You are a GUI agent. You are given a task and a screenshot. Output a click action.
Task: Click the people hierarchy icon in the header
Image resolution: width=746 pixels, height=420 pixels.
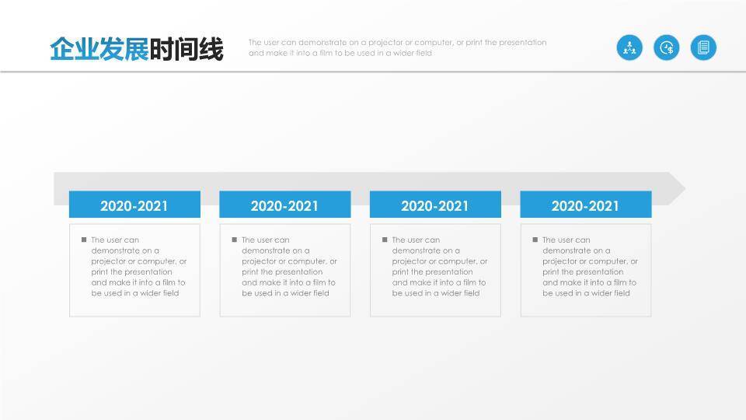[x=629, y=47]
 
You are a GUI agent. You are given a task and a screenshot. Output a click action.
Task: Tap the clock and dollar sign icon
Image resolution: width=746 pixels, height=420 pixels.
[x=667, y=47]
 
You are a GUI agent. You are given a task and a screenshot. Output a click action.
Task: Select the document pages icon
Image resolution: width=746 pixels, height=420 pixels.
[x=703, y=47]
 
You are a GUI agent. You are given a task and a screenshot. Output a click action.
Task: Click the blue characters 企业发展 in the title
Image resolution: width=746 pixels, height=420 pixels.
[x=99, y=49]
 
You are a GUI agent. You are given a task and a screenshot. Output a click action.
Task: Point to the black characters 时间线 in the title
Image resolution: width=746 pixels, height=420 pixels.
[x=186, y=49]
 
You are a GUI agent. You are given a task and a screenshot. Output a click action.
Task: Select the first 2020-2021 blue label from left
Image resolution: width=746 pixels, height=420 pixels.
[x=134, y=205]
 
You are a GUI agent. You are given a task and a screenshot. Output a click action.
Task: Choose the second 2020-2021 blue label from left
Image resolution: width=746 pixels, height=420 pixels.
[x=284, y=205]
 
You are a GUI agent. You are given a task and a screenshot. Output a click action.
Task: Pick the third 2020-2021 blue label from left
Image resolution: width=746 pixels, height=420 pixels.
[x=435, y=205]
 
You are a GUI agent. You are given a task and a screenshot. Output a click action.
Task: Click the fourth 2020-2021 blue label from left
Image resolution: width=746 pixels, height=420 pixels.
[x=585, y=205]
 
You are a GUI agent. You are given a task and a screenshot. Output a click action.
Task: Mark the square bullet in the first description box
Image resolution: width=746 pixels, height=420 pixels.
[x=84, y=240]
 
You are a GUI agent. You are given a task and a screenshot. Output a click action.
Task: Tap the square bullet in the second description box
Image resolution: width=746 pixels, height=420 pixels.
[x=234, y=240]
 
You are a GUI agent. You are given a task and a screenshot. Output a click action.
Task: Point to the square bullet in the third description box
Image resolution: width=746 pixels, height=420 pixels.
[x=385, y=240]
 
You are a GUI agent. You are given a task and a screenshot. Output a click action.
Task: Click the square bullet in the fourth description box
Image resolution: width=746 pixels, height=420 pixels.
[x=535, y=240]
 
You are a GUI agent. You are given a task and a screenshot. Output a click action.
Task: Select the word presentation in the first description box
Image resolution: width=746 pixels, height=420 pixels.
[x=150, y=272]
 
